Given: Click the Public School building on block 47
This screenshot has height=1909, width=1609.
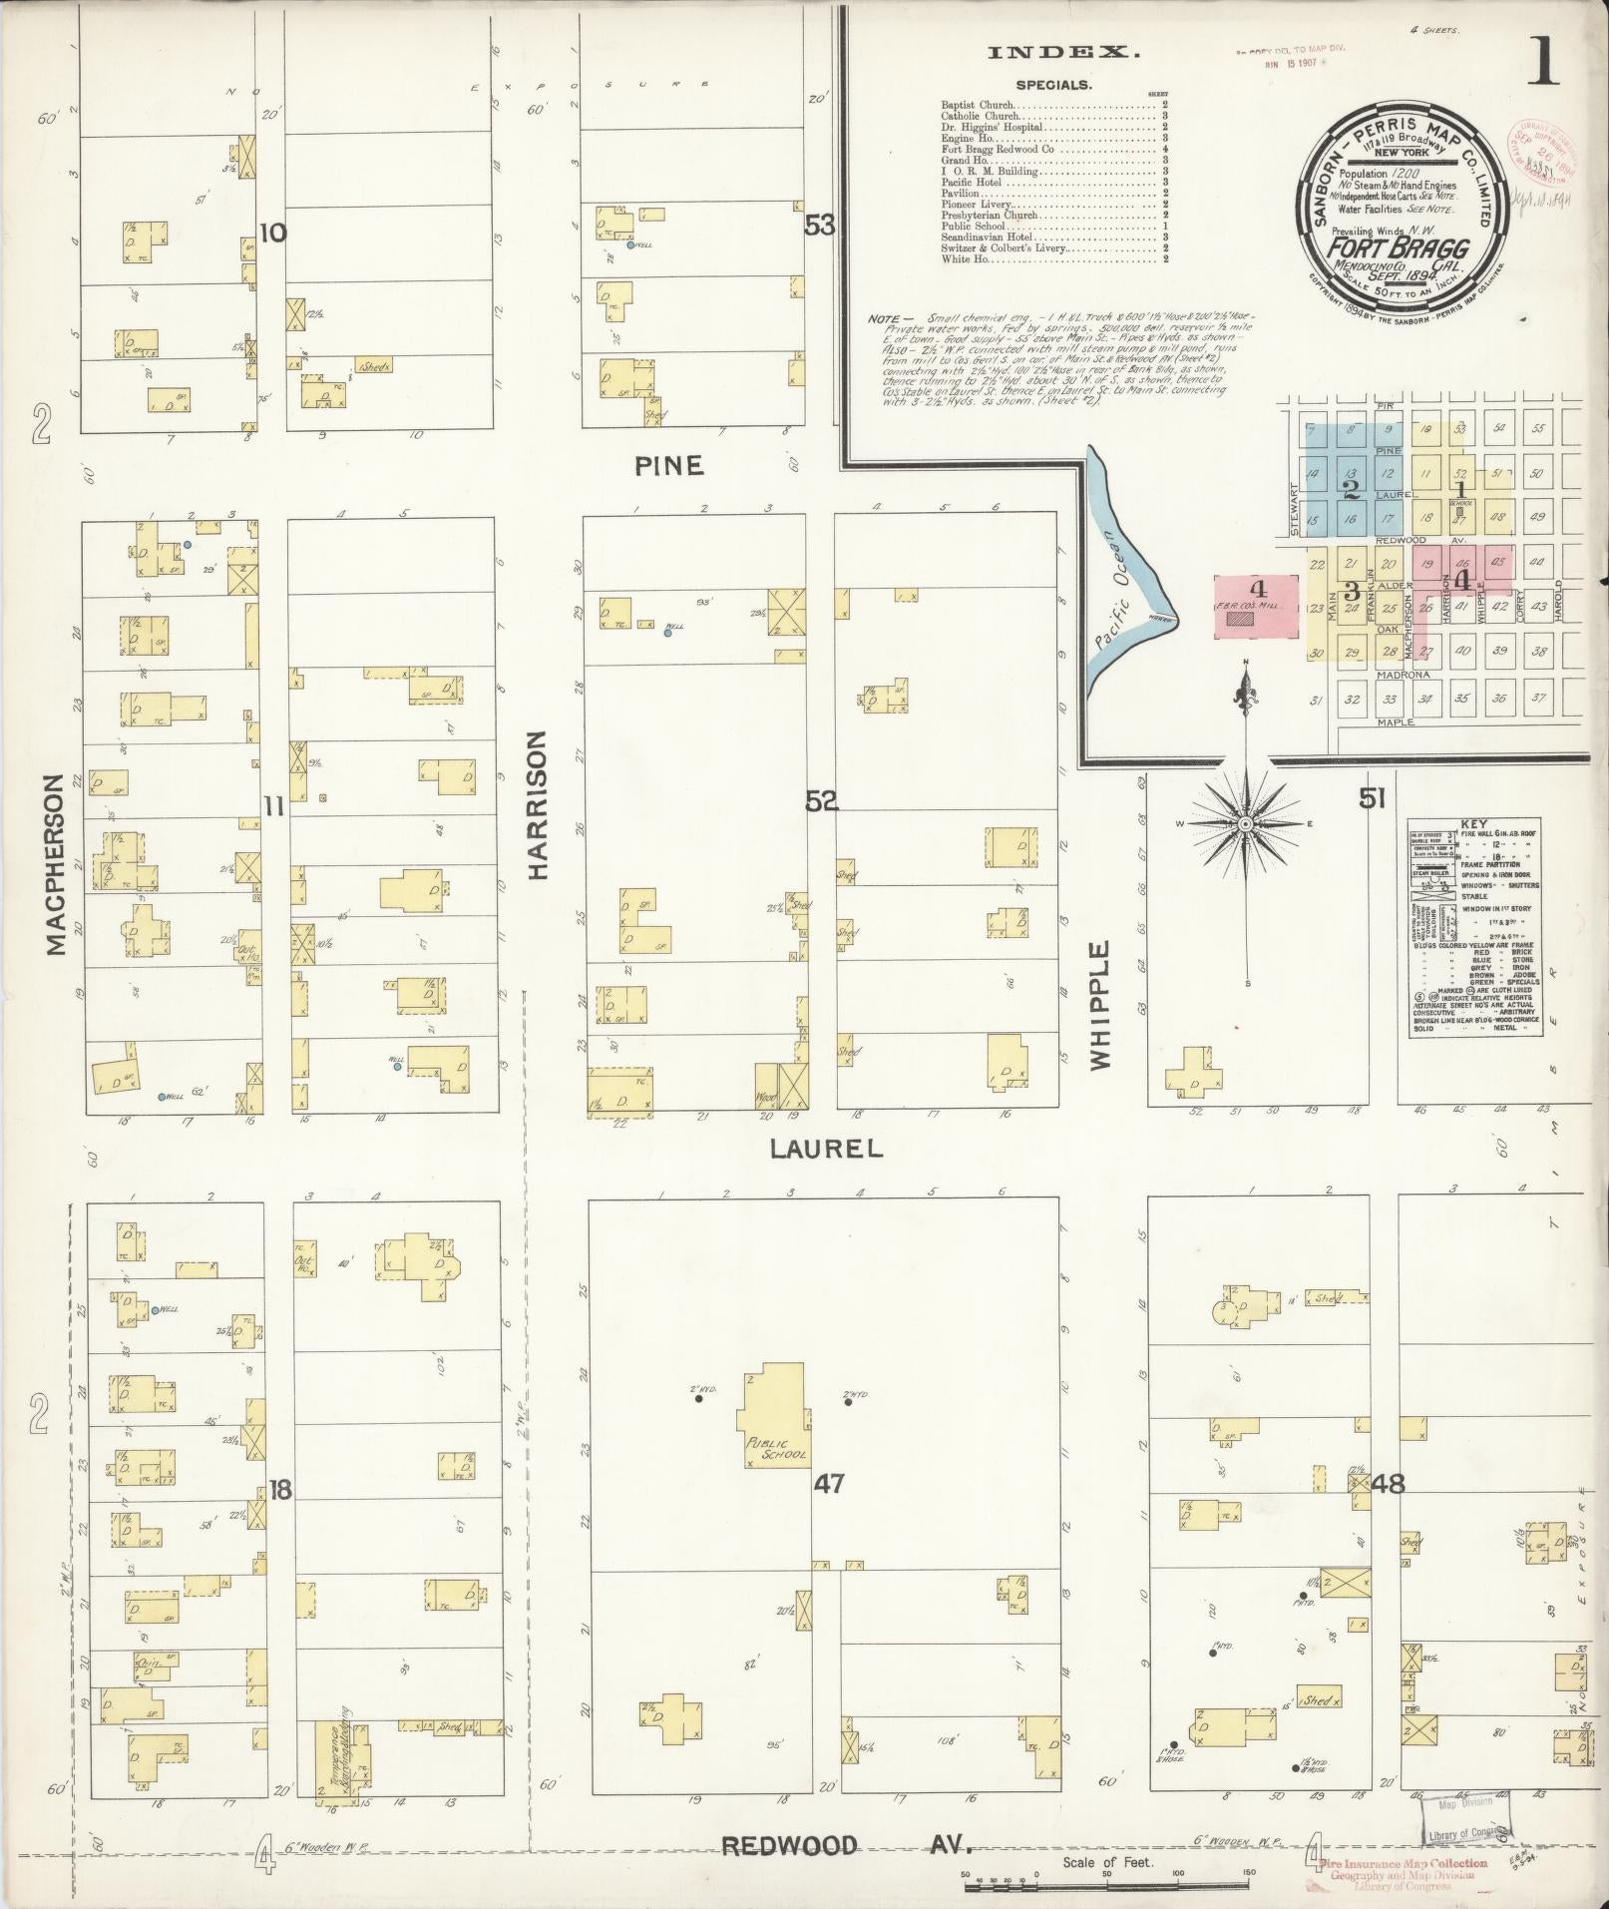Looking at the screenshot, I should tap(773, 1415).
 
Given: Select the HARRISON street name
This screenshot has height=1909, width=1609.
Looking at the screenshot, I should tap(539, 804).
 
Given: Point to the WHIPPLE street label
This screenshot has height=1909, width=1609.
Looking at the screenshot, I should tap(1099, 1005).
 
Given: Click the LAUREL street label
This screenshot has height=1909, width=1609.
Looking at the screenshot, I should tap(826, 1149).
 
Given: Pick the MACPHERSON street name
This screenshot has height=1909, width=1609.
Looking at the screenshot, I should tap(56, 863).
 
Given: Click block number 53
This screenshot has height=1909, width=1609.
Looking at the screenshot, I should tap(819, 227).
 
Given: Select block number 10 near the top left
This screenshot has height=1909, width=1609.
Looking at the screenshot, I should tap(272, 234).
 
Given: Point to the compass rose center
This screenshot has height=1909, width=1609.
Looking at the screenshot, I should tap(1245, 824).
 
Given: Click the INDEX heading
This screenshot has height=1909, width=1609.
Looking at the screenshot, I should tap(1062, 53).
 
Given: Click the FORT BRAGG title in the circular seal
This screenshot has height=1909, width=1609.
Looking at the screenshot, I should tap(1396, 247).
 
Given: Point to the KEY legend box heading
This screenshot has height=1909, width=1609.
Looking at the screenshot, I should tap(1472, 824).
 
